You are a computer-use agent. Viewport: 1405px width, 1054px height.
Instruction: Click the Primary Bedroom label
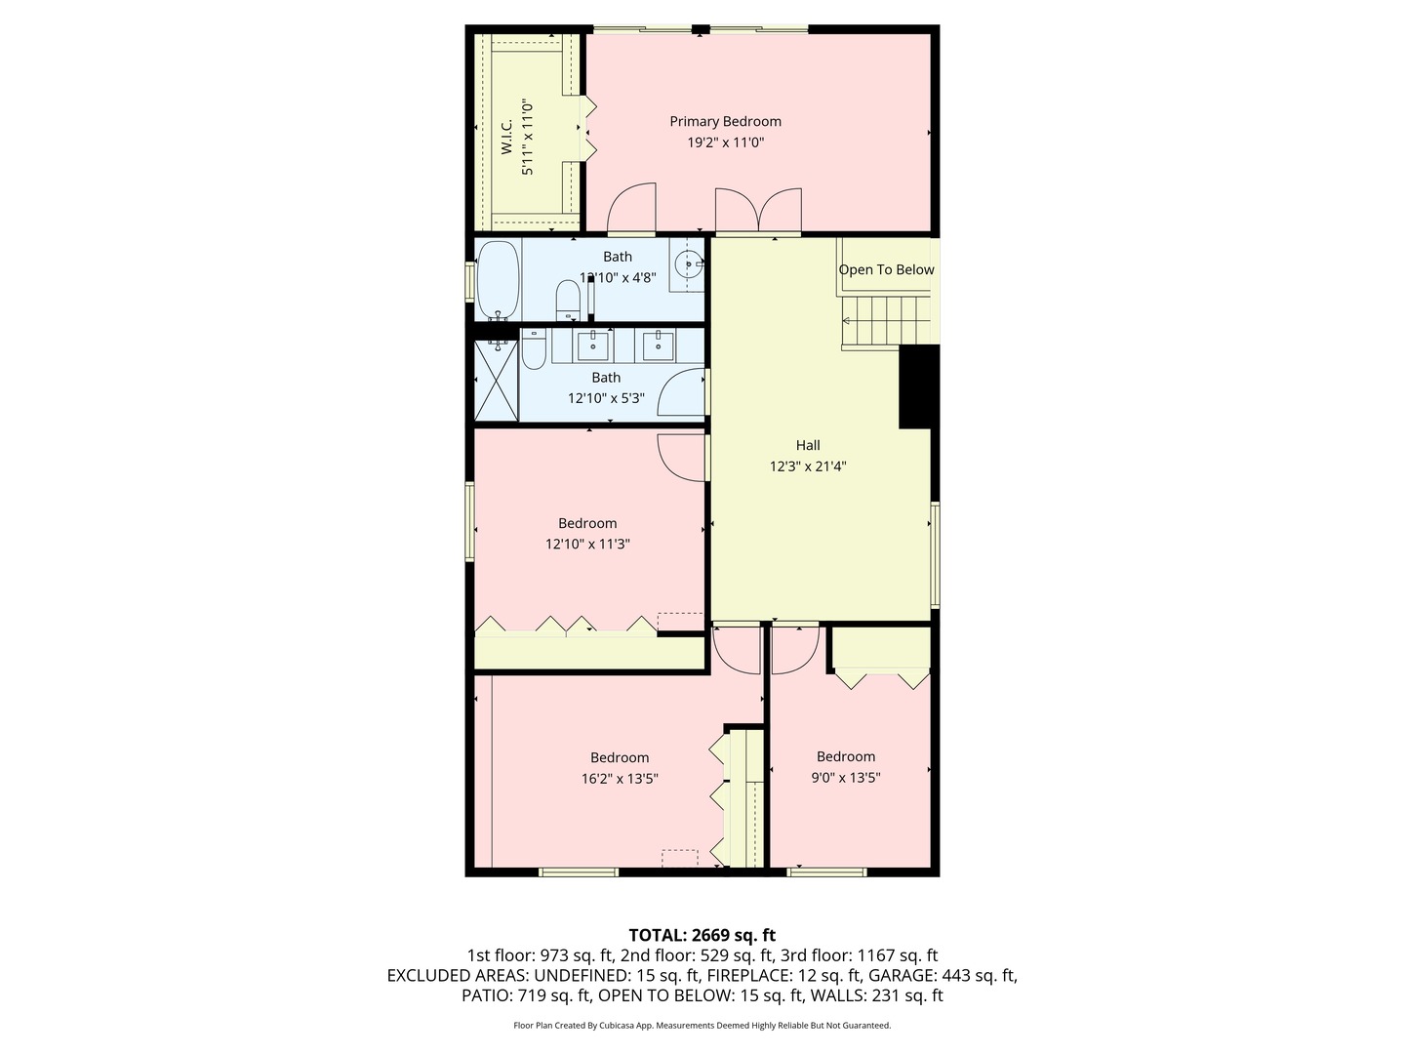[725, 122]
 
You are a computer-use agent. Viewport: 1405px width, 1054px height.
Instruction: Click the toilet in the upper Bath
[568, 300]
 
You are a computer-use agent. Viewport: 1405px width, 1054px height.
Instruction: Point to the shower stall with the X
[496, 381]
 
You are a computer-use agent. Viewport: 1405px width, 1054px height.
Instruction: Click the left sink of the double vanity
[592, 345]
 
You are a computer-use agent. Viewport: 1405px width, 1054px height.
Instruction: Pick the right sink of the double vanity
[658, 345]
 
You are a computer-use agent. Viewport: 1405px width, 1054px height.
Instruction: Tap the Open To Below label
[886, 270]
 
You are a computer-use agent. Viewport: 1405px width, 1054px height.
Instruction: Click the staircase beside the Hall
[886, 321]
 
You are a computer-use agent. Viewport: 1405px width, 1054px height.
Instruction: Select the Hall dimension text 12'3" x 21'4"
[807, 466]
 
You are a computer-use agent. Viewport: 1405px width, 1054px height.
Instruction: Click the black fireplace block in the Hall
[917, 386]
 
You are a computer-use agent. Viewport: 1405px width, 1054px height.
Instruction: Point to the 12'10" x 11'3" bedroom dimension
[587, 545]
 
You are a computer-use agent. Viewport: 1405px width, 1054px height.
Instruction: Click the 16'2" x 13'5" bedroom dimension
[620, 779]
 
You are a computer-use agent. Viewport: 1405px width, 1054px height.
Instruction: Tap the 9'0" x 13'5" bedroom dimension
[845, 778]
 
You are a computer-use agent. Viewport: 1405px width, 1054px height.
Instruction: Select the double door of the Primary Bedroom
[758, 211]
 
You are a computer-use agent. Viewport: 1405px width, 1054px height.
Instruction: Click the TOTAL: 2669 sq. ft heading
[702, 935]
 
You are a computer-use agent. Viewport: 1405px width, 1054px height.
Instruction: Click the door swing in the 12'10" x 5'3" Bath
[683, 395]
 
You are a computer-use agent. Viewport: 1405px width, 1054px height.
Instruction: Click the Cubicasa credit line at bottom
[702, 1026]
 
